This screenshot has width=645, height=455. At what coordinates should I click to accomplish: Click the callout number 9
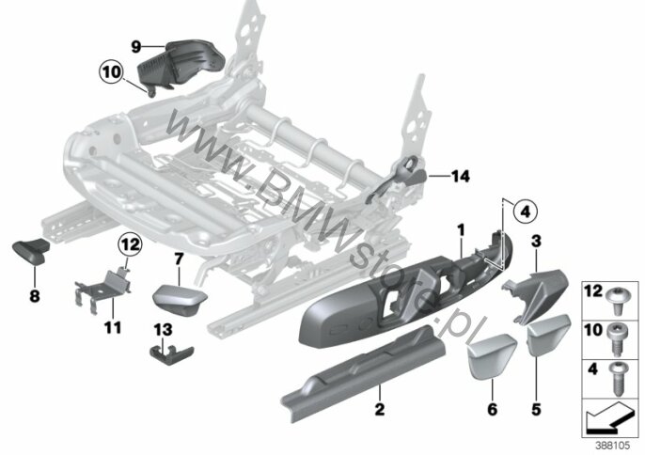[135, 45]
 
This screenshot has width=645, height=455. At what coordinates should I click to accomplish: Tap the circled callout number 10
[111, 71]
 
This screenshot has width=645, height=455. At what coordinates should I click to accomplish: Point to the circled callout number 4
[525, 209]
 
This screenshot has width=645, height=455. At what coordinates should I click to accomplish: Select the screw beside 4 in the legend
[619, 376]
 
